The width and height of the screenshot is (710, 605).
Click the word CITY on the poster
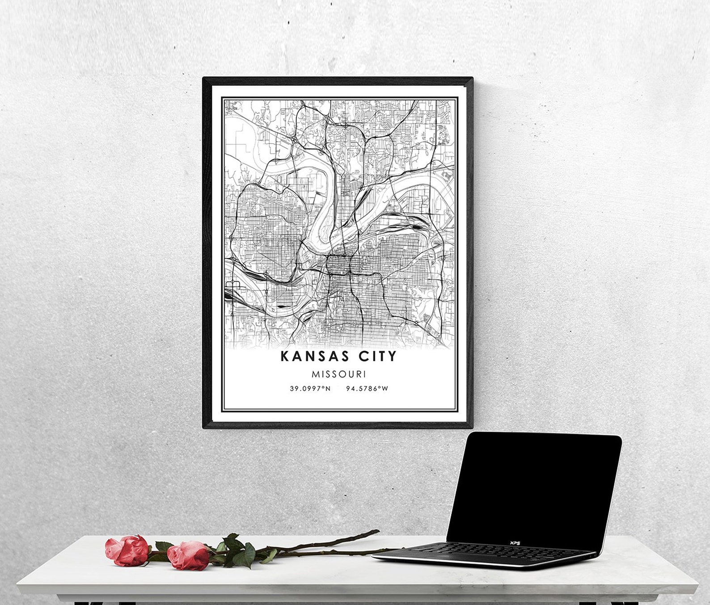[x=376, y=356]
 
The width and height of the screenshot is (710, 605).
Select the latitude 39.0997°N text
[x=310, y=388]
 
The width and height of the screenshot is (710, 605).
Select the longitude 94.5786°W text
[x=367, y=388]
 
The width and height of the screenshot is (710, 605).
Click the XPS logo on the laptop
[x=516, y=543]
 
